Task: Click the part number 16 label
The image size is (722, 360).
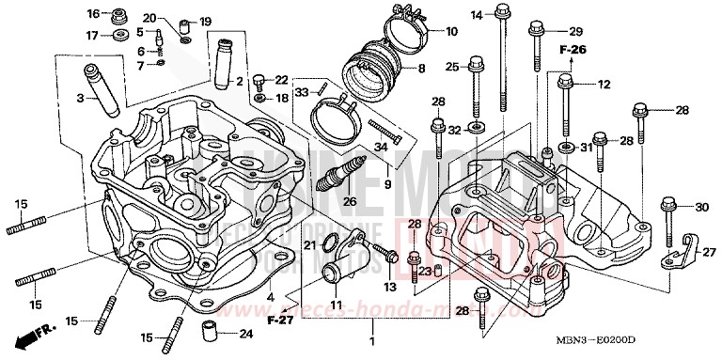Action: coord(92,14)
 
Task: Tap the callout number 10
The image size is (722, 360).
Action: coord(451,31)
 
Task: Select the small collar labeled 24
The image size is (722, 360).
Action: coord(210,333)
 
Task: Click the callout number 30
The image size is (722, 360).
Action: coord(700,207)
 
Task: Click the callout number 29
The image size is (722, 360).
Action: coord(575,31)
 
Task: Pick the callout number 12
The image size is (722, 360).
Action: coord(604,85)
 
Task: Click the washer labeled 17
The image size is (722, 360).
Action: coord(120,36)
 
